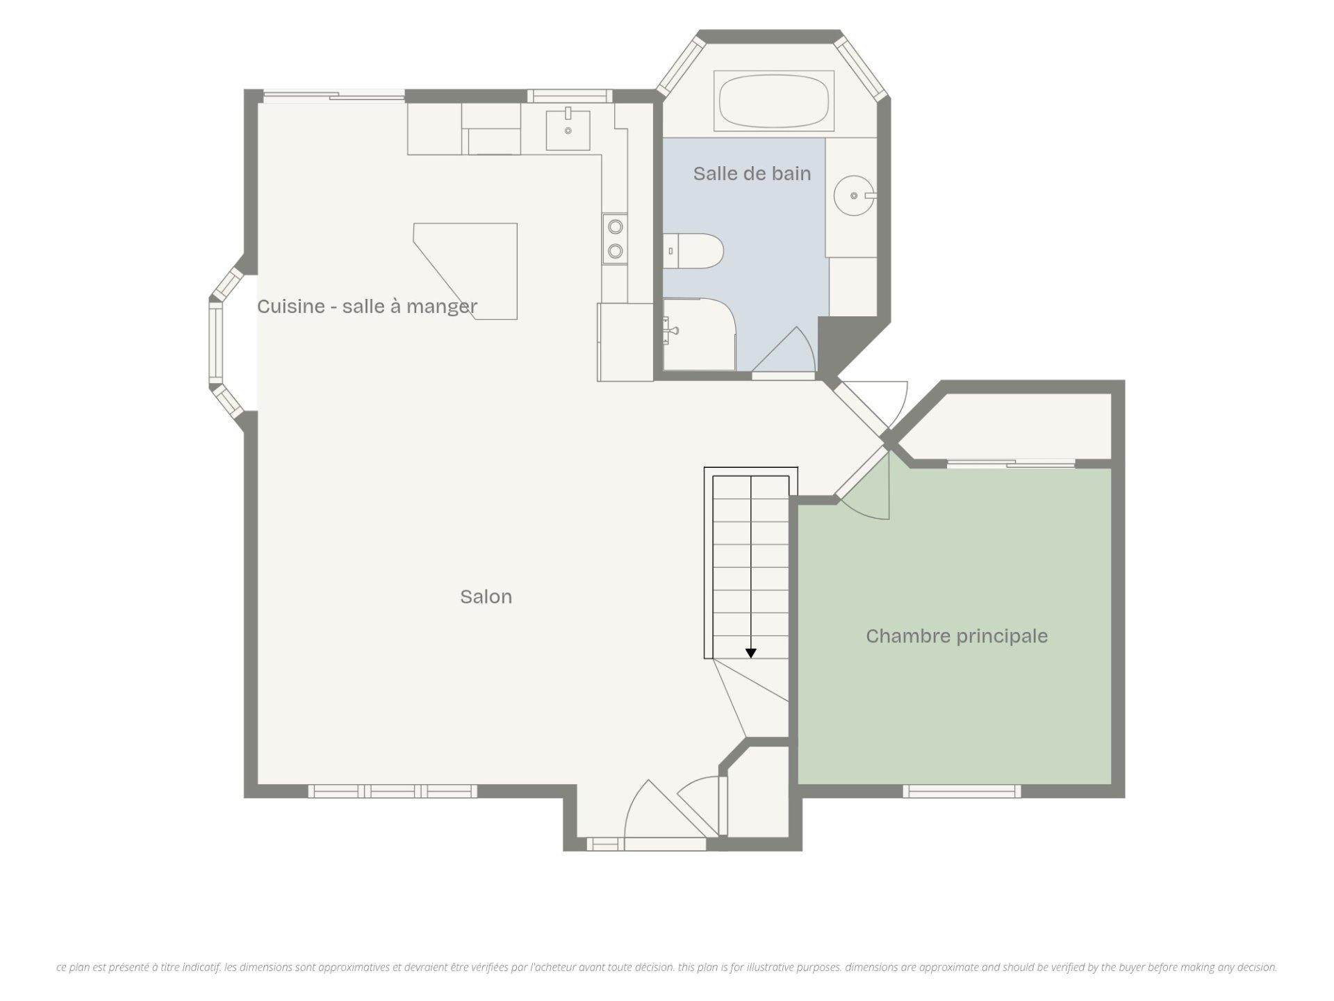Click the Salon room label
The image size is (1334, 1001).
pyautogui.click(x=486, y=596)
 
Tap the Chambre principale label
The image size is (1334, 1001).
pyautogui.click(x=957, y=636)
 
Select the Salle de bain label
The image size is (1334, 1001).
pyautogui.click(x=752, y=173)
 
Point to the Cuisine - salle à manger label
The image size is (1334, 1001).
pyautogui.click(x=367, y=306)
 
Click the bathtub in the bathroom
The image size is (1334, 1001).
pyautogui.click(x=774, y=101)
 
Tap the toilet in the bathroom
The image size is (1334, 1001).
pyautogui.click(x=693, y=251)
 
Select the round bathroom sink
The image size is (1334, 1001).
pyautogui.click(x=855, y=195)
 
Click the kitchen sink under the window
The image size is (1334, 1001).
pyautogui.click(x=568, y=129)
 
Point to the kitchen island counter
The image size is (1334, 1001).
pyautogui.click(x=466, y=271)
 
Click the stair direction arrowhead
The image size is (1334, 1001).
pyautogui.click(x=751, y=653)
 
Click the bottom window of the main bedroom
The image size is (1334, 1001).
pyautogui.click(x=962, y=791)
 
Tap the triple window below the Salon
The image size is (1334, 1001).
pyautogui.click(x=393, y=791)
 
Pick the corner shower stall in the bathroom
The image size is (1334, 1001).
pyautogui.click(x=699, y=334)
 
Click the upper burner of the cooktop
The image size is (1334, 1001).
pyautogui.click(x=615, y=226)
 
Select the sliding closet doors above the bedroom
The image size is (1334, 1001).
pyautogui.click(x=1011, y=463)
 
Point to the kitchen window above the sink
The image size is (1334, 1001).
pyautogui.click(x=570, y=96)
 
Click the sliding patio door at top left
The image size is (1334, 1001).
pyautogui.click(x=333, y=96)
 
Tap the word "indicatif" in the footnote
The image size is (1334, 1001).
pyautogui.click(x=201, y=967)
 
